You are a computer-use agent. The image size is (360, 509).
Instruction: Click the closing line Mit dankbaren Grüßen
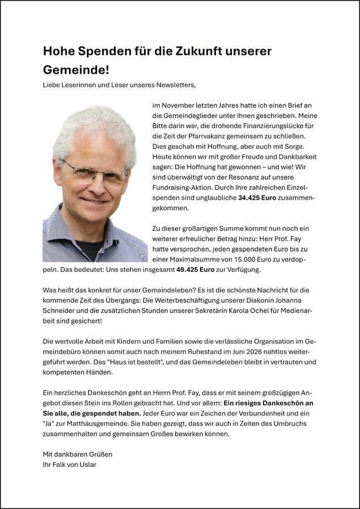(77, 455)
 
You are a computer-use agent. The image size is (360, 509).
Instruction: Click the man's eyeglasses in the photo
(93, 170)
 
